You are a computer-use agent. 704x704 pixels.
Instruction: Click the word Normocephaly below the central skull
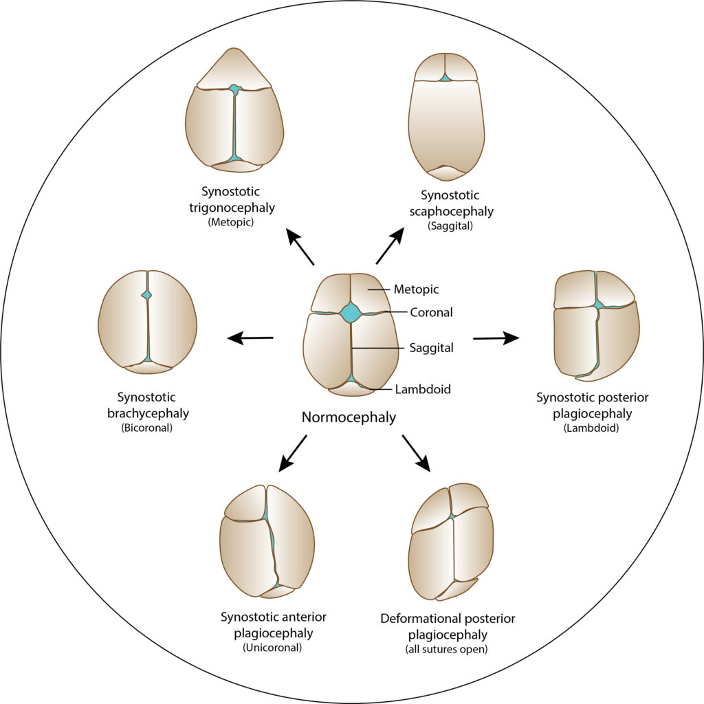(349, 417)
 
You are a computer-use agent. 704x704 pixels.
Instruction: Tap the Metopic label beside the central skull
(416, 289)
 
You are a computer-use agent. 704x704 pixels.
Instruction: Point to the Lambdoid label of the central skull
(423, 389)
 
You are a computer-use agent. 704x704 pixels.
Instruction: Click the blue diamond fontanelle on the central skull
(351, 313)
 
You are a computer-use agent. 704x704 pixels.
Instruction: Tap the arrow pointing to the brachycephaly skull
(250, 338)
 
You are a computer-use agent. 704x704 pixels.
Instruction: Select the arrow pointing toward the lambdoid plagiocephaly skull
(496, 338)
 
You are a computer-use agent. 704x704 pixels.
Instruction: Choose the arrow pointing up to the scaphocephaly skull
(390, 247)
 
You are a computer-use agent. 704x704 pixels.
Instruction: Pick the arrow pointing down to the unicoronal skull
(292, 453)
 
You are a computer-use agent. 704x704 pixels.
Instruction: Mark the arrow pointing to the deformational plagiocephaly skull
(416, 453)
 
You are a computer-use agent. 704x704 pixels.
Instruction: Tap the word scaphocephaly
(450, 211)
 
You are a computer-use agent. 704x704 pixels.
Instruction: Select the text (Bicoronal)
(146, 427)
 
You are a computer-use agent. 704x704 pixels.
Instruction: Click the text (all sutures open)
(448, 649)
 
